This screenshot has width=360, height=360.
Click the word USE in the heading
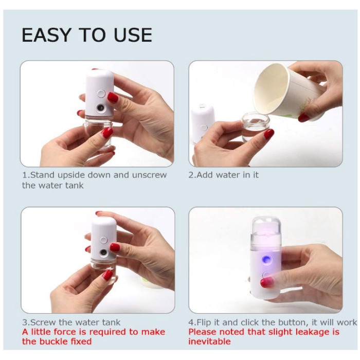[133, 35]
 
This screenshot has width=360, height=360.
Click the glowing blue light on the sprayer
[266, 259]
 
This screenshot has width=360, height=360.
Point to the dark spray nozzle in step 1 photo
[100, 107]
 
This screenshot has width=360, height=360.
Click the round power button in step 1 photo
[101, 94]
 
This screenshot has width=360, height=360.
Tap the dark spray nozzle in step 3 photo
[103, 253]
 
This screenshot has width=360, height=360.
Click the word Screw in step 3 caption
[43, 322]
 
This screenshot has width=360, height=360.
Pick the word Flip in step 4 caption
[204, 322]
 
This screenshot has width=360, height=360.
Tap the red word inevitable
[209, 341]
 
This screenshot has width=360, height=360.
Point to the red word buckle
[53, 341]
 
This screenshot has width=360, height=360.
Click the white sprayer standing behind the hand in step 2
[202, 123]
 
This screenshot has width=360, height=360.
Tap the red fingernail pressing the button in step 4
[267, 282]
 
